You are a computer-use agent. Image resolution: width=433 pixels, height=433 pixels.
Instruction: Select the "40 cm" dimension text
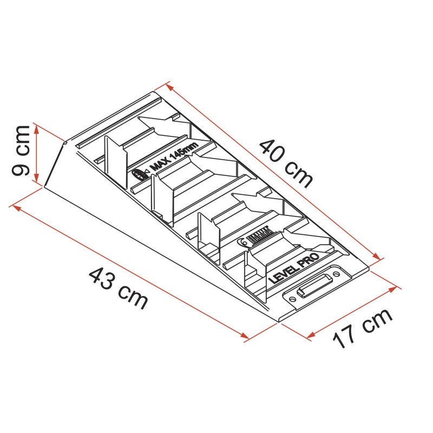coord(286,163)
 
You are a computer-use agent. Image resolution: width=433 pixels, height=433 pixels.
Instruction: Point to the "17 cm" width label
coord(362,329)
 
